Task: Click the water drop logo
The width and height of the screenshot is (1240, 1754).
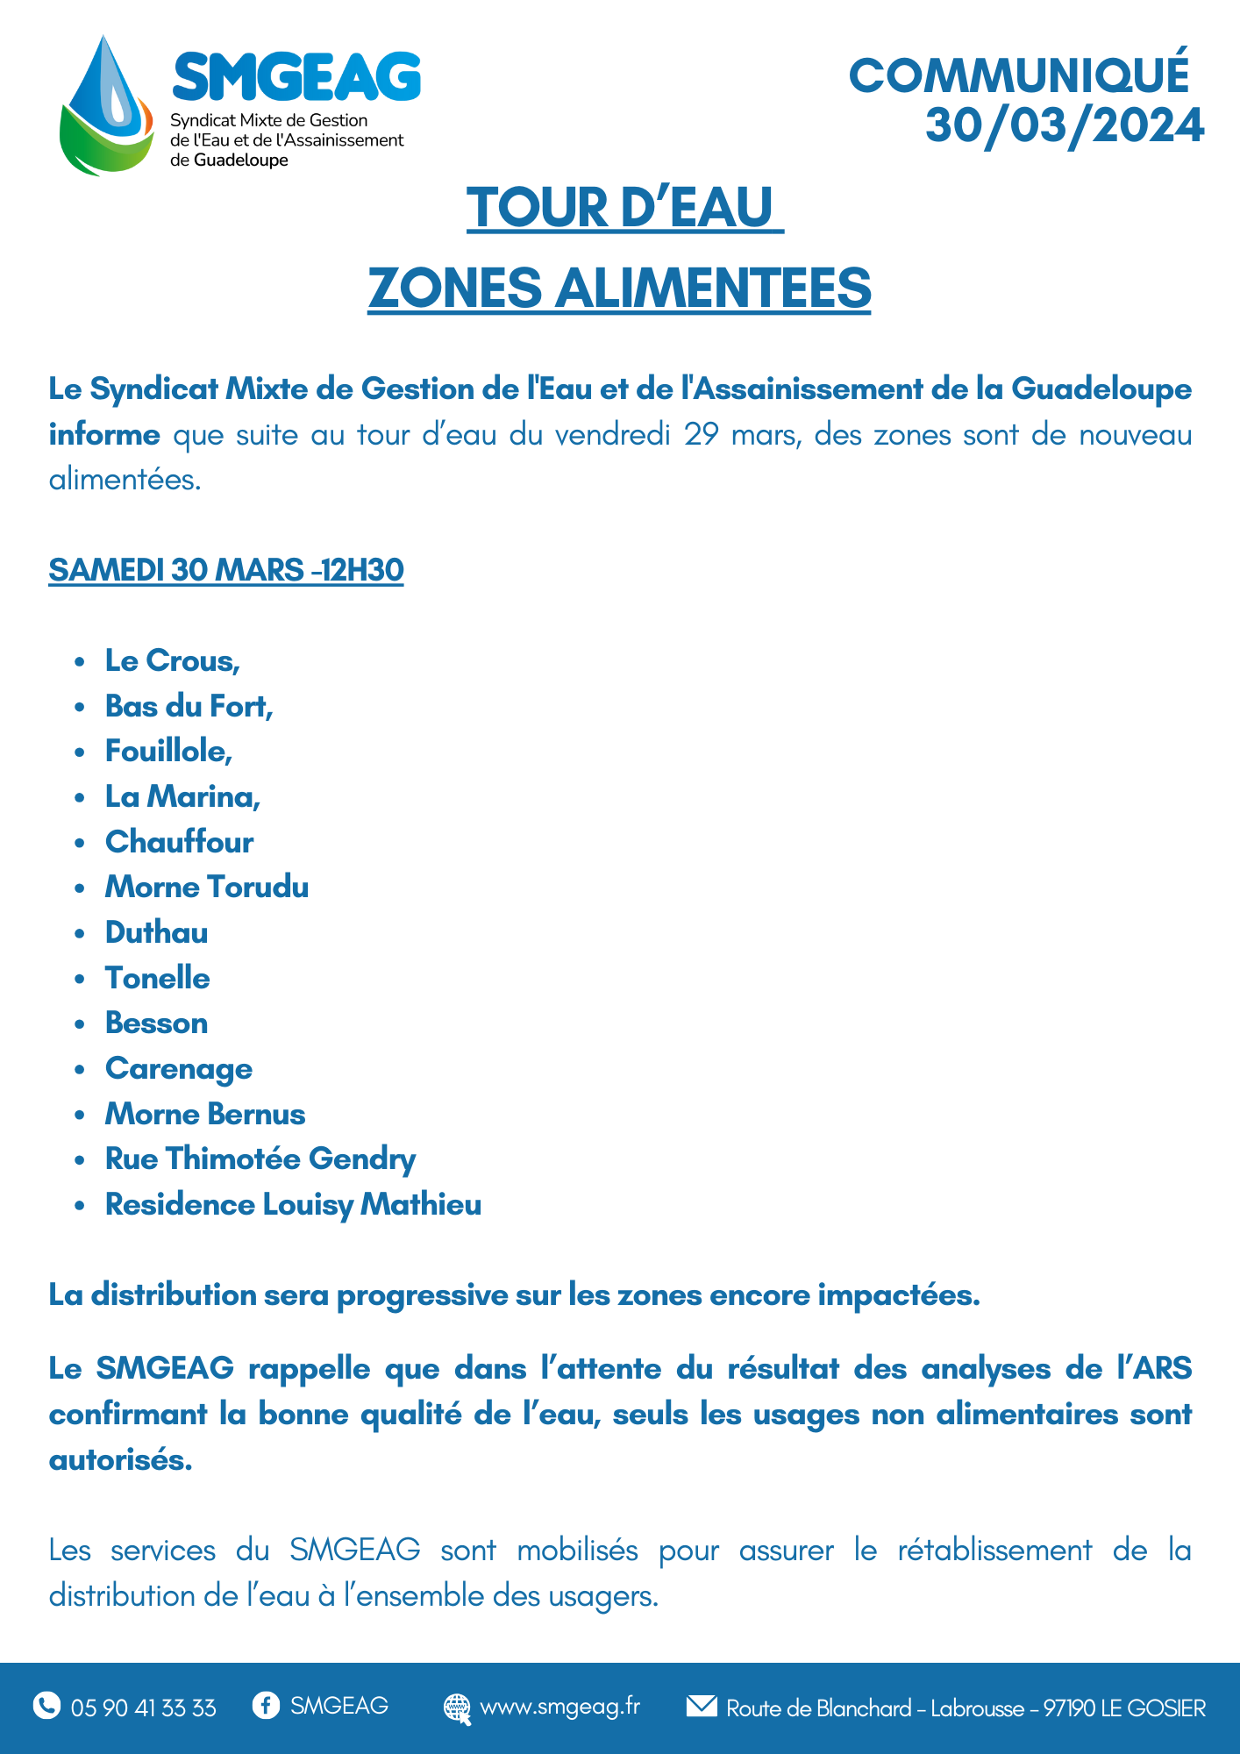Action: (105, 105)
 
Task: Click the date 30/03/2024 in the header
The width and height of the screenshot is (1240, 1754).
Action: (1065, 125)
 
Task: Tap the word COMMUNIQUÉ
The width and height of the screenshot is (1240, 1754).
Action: (1019, 75)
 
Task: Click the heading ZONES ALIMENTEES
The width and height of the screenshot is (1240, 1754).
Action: (619, 288)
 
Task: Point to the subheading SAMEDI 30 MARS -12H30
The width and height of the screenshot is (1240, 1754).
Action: (226, 570)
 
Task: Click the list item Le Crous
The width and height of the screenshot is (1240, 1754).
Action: (172, 660)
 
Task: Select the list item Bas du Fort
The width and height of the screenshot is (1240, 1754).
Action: (189, 706)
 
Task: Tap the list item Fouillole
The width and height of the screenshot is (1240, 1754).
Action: (168, 751)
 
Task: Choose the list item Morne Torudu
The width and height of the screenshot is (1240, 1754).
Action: (207, 887)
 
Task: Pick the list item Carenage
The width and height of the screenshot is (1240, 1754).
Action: (179, 1068)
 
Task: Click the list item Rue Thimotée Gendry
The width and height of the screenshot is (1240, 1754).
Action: (260, 1159)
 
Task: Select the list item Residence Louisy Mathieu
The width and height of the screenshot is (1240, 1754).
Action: (293, 1204)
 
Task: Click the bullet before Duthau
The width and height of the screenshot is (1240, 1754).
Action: (80, 933)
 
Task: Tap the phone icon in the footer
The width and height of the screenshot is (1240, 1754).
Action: (46, 1705)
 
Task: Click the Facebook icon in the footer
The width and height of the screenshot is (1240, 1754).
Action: (266, 1705)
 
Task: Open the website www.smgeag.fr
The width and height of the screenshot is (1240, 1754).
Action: (559, 1707)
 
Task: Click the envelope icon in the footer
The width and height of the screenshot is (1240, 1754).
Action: (701, 1706)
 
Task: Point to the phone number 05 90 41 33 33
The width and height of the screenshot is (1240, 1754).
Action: (143, 1708)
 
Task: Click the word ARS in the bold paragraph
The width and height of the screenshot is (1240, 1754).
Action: (1162, 1368)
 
